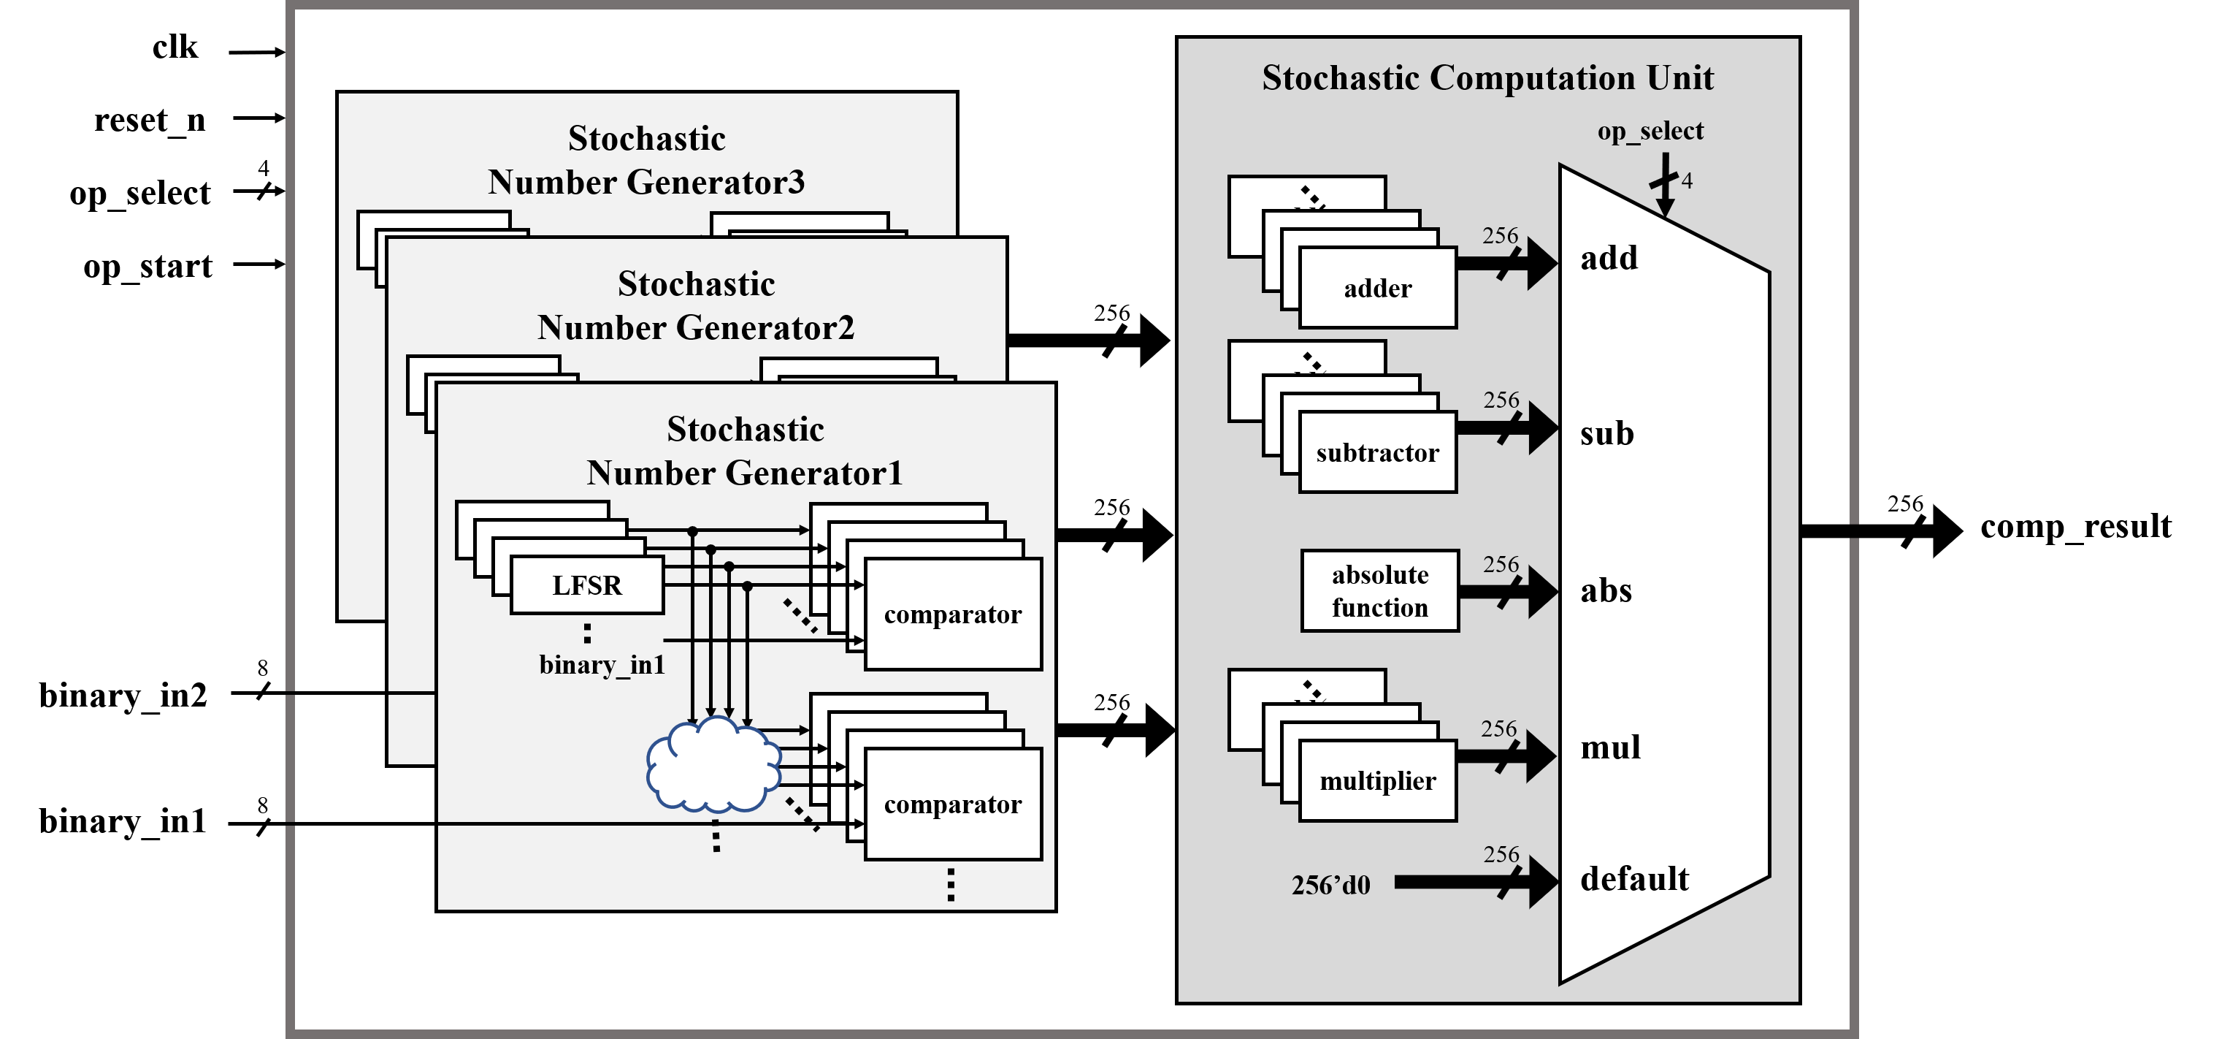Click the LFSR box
586,585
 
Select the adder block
1378,288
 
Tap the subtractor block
1378,453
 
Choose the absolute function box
1380,591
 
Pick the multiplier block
1378,781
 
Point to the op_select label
1650,132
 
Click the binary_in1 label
602,664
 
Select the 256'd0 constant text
1330,886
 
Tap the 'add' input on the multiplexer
1609,258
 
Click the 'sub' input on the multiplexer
1607,433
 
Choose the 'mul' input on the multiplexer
1610,747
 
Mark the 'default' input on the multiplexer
1633,878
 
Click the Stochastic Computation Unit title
1487,77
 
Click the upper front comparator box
953,614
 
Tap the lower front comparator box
953,804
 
